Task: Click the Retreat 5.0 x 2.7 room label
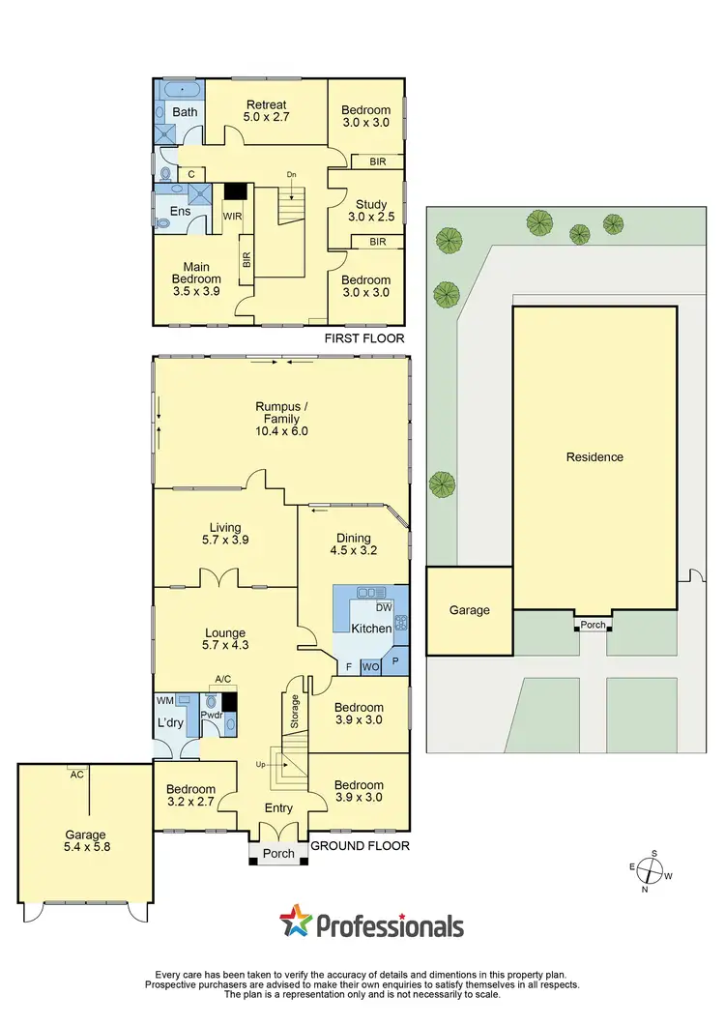[268, 110]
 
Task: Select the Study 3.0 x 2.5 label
[365, 211]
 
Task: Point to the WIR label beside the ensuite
[232, 216]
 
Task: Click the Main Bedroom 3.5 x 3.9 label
[196, 279]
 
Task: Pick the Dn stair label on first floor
[291, 175]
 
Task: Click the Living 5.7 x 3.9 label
[224, 534]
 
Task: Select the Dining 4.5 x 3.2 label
[353, 544]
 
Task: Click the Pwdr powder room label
[212, 717]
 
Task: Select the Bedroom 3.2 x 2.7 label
[189, 796]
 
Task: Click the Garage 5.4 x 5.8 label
[85, 841]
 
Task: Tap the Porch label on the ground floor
[277, 853]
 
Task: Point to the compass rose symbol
[653, 872]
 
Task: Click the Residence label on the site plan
[594, 457]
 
